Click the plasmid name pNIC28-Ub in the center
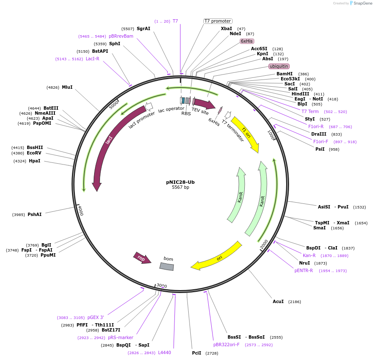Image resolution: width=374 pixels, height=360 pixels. (180, 182)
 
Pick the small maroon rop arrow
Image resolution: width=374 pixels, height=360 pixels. (142, 258)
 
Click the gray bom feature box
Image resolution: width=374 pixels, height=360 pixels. (167, 266)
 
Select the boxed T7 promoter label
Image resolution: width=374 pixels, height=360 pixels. (218, 21)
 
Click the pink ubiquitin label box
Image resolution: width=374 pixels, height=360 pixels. (279, 66)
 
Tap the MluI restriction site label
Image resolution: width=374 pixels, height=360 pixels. (67, 87)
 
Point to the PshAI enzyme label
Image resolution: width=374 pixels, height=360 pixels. (35, 214)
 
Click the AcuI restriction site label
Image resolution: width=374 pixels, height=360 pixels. (278, 301)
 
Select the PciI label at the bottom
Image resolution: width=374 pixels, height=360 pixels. (197, 353)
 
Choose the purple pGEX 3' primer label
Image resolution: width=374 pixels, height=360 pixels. (96, 317)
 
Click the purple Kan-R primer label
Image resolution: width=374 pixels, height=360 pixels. (309, 255)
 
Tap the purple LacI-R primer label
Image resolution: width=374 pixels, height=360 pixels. (92, 59)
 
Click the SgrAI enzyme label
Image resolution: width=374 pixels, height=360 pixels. (143, 28)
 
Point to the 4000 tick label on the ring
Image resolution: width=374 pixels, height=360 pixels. (81, 211)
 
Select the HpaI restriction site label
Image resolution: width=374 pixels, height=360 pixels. (35, 161)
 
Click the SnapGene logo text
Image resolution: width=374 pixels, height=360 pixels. (363, 3)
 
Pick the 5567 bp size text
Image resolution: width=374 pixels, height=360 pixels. (181, 187)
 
